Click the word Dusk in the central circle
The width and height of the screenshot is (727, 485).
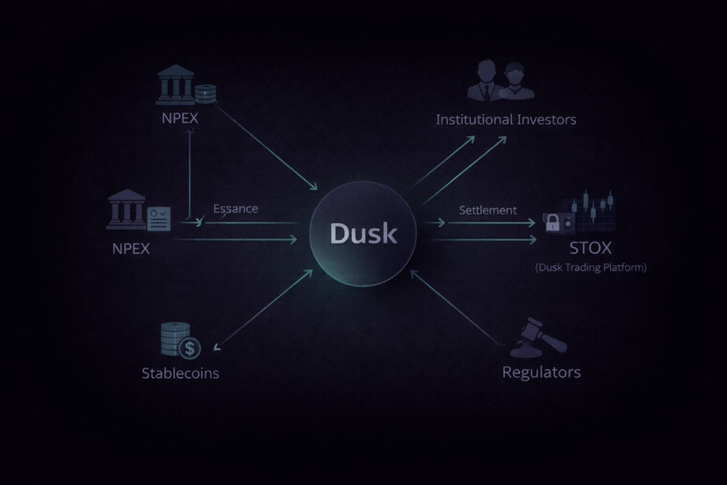point(363,234)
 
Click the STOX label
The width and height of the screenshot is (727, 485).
point(590,248)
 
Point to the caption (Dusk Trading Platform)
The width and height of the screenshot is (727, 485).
point(590,267)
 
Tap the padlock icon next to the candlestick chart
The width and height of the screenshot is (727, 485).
point(554,223)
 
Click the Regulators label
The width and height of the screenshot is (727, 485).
point(541,372)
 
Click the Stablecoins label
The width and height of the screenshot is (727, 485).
point(180,373)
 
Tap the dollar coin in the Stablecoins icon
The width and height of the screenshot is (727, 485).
point(190,348)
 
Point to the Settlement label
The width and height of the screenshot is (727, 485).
point(487,210)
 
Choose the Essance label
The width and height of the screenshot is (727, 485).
point(235,208)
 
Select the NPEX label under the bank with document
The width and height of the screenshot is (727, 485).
point(131,248)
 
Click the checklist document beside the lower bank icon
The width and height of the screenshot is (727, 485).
point(159,216)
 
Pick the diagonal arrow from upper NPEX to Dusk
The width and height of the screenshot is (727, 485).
point(268,148)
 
